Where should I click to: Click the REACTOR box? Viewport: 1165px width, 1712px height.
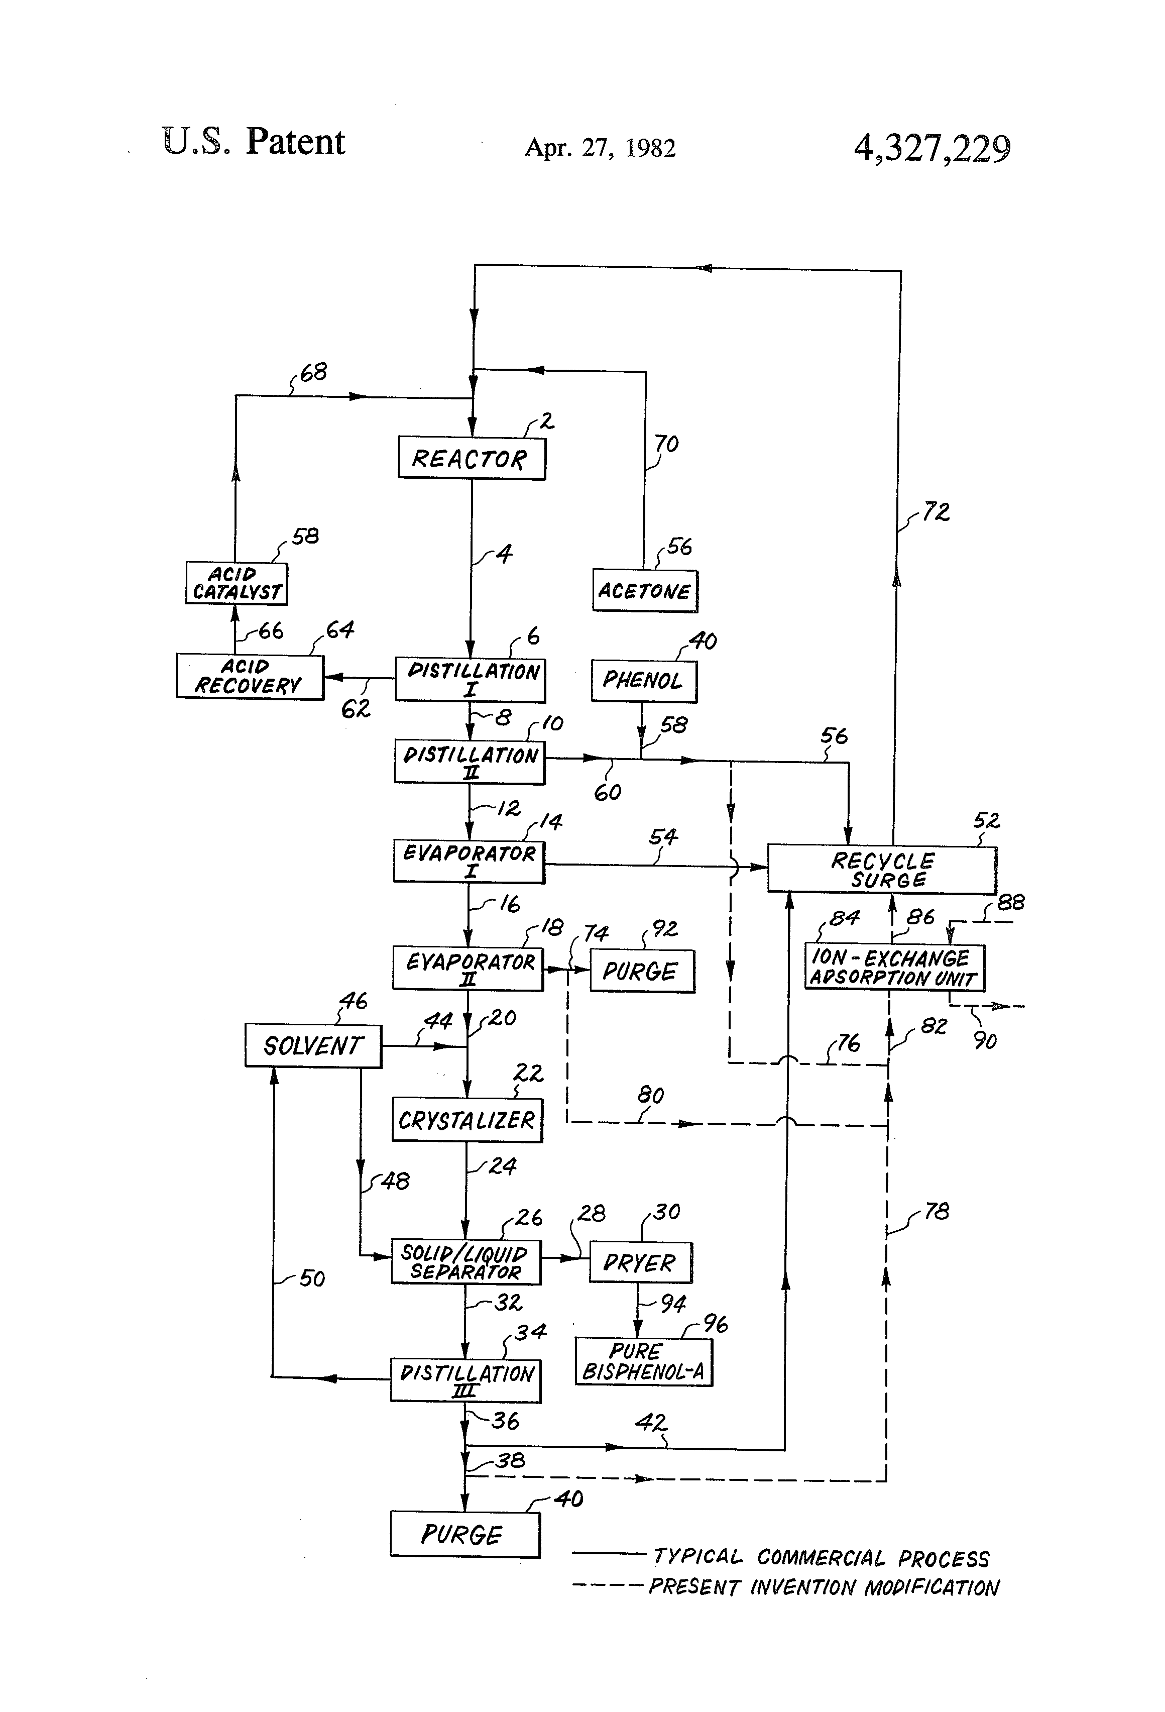(x=472, y=458)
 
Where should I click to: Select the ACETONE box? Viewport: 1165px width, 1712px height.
(x=645, y=591)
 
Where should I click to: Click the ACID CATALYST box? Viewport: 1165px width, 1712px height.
(x=237, y=583)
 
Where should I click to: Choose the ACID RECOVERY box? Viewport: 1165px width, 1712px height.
(x=250, y=676)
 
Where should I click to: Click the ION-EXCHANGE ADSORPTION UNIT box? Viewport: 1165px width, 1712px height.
(x=894, y=967)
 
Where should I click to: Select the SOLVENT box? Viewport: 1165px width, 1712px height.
(x=313, y=1045)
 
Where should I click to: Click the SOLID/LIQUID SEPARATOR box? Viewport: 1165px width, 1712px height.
(x=465, y=1262)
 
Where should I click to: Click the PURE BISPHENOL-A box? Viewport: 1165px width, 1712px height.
(x=644, y=1362)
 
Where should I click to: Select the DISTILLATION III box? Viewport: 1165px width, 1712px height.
(x=465, y=1380)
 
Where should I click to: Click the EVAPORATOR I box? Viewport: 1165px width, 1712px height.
(x=469, y=861)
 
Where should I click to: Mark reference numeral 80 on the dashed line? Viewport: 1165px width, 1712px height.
(x=651, y=1096)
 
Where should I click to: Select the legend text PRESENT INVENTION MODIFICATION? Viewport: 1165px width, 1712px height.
(x=824, y=1587)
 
